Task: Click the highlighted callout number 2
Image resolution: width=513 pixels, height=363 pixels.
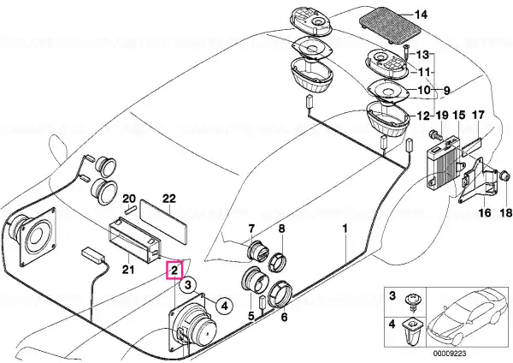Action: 174,271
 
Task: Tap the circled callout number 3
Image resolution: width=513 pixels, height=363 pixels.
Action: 188,285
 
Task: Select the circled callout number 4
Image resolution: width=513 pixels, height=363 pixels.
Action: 224,306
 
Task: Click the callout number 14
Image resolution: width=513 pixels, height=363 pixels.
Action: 421,15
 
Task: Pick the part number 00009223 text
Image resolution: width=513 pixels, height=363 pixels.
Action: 450,354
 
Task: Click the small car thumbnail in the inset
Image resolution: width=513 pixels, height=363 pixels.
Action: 469,317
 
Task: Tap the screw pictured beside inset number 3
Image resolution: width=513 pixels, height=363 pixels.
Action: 412,303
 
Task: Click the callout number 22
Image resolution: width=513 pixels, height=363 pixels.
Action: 168,199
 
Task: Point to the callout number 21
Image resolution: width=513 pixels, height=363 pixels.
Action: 128,270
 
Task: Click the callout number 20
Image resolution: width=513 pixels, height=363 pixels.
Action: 129,199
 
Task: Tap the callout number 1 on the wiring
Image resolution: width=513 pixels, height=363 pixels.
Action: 345,228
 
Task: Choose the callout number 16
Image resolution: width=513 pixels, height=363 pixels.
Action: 485,212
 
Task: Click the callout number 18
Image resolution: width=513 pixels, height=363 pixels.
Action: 505,212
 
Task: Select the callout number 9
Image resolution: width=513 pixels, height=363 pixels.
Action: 446,90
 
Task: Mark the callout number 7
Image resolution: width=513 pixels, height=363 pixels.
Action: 251,229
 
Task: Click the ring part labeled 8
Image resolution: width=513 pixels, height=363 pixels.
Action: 277,262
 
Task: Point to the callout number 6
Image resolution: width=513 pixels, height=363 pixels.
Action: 284,317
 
